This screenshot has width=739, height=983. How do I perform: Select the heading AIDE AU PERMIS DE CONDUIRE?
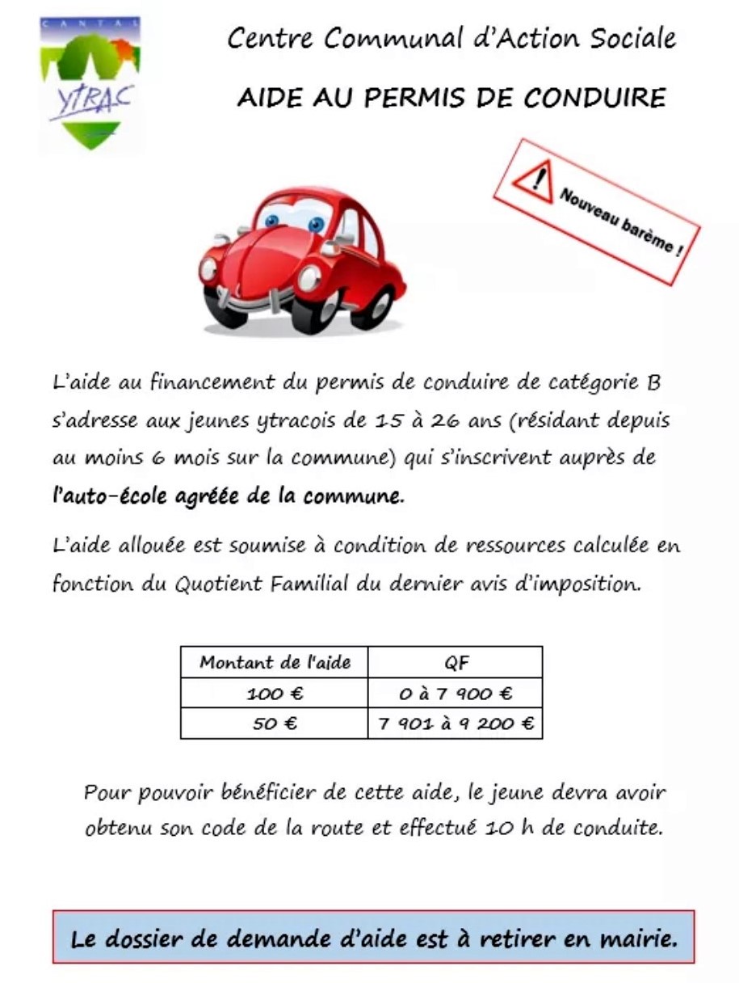(451, 98)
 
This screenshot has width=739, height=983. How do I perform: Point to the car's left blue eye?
(272, 220)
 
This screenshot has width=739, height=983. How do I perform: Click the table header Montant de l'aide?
(275, 663)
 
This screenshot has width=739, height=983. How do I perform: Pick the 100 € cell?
(275, 693)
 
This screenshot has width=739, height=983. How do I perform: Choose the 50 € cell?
(275, 724)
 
